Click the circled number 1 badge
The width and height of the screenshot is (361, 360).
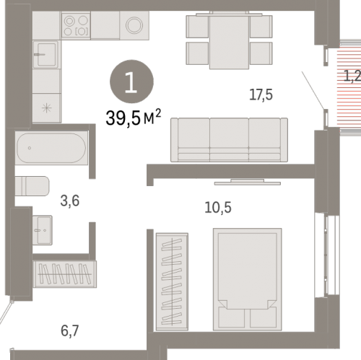click(x=131, y=82)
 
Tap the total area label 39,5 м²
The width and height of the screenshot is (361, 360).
click(x=133, y=118)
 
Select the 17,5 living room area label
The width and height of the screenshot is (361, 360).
click(x=261, y=95)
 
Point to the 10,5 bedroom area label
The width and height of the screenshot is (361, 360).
click(x=218, y=207)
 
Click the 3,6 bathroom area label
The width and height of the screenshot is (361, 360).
click(x=70, y=201)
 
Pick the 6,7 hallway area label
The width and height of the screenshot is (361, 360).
click(x=70, y=331)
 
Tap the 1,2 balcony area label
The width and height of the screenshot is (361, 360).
click(x=352, y=76)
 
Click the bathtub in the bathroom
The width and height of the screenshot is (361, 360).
click(x=51, y=148)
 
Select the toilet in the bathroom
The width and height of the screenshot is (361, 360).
click(x=32, y=186)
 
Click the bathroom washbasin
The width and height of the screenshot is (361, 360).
click(x=43, y=230)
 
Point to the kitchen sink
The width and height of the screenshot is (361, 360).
click(x=46, y=54)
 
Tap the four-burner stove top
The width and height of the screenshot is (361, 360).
click(x=76, y=25)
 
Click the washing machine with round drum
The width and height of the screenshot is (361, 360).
click(x=134, y=25)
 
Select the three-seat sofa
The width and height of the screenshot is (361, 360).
click(x=229, y=140)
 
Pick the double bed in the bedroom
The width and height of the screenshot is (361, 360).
click(x=248, y=279)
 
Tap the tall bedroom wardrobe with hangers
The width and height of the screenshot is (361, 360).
click(x=172, y=281)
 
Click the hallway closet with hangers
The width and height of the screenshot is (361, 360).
click(x=64, y=274)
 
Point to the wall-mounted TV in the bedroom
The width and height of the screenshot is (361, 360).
click(x=248, y=182)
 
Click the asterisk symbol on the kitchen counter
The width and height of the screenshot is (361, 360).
click(x=46, y=108)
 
